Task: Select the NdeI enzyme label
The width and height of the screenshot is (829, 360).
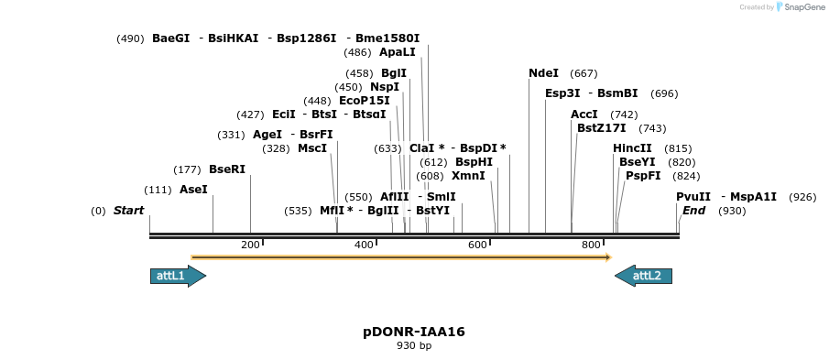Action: coord(543,73)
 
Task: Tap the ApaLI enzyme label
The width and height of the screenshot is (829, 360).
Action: coord(397,52)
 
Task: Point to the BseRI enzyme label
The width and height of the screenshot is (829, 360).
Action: coord(227,169)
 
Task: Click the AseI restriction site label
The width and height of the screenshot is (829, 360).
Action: coord(193,190)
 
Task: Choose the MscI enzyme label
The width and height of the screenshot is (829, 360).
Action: coord(312,148)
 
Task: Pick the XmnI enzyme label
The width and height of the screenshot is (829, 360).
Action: coord(468,176)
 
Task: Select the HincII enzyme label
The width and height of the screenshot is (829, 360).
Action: coord(632,148)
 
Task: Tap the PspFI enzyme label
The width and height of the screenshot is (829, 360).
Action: coord(643,176)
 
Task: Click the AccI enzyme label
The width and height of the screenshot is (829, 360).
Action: coord(584,115)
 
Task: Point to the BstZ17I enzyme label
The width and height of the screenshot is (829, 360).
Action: coord(601,128)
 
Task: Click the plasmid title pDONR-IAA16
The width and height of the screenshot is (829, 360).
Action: coord(414,332)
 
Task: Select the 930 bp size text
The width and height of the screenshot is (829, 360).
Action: coord(414,346)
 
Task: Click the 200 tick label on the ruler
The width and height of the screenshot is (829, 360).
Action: coord(251,245)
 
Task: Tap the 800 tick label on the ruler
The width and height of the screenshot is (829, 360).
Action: coord(591,245)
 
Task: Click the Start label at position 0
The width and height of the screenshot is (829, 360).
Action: coord(128,211)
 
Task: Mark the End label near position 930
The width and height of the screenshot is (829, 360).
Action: coord(693,211)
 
